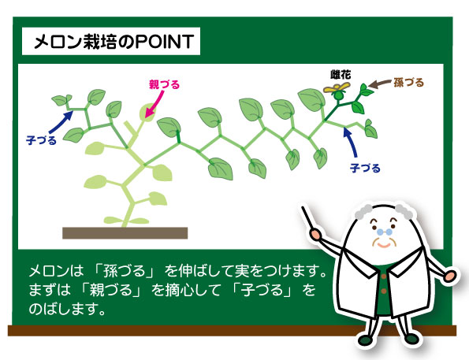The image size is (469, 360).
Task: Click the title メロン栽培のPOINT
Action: [x=114, y=41]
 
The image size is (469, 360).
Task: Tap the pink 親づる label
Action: [x=164, y=84]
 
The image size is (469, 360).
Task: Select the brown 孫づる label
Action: [x=408, y=83]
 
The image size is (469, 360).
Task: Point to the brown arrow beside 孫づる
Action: [x=379, y=84]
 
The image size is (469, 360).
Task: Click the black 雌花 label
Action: [x=341, y=75]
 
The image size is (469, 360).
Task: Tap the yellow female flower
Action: [x=337, y=88]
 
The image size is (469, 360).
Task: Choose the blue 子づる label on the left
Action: [x=41, y=140]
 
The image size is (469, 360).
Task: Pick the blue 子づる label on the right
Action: [x=365, y=168]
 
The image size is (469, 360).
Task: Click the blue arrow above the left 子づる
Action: [x=61, y=122]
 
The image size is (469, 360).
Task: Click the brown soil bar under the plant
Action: [x=125, y=233]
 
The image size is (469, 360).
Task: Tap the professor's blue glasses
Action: [x=384, y=232]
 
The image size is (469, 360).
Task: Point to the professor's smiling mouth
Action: [x=384, y=246]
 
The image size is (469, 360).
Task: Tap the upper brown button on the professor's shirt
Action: [x=384, y=276]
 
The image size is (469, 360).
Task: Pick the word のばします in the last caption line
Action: [x=67, y=309]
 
